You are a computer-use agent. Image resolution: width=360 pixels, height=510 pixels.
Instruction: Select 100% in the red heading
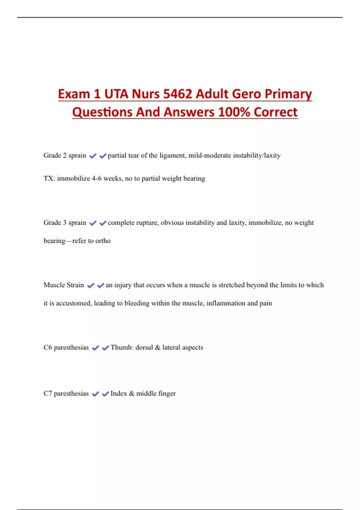click(234, 112)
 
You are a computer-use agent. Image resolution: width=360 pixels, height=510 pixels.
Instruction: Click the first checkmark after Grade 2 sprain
click(93, 156)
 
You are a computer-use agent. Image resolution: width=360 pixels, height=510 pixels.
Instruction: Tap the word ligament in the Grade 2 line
click(172, 155)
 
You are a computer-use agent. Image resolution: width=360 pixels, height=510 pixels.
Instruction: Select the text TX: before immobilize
click(49, 178)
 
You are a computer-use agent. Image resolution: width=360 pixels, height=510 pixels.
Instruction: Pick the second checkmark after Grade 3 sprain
click(103, 223)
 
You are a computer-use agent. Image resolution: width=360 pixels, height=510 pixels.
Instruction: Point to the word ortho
click(103, 241)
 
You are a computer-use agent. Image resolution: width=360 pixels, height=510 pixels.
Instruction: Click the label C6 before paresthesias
click(48, 347)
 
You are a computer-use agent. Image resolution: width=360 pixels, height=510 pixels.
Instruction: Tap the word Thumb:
click(122, 347)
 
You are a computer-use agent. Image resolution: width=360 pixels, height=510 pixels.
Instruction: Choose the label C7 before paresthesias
click(48, 394)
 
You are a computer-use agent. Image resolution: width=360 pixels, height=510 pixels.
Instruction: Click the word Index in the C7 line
click(119, 394)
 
